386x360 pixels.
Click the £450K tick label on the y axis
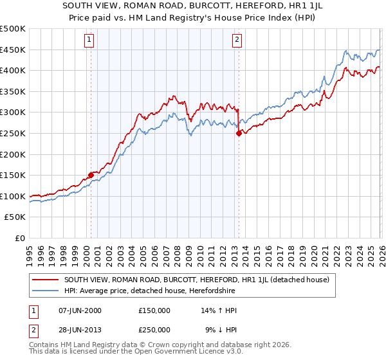(x=13, y=50)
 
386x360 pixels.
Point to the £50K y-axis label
(x=15, y=217)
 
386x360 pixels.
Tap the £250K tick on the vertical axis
(x=13, y=134)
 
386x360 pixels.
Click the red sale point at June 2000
(x=91, y=175)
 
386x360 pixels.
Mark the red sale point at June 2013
(x=239, y=133)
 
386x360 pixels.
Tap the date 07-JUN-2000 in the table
(x=80, y=310)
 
